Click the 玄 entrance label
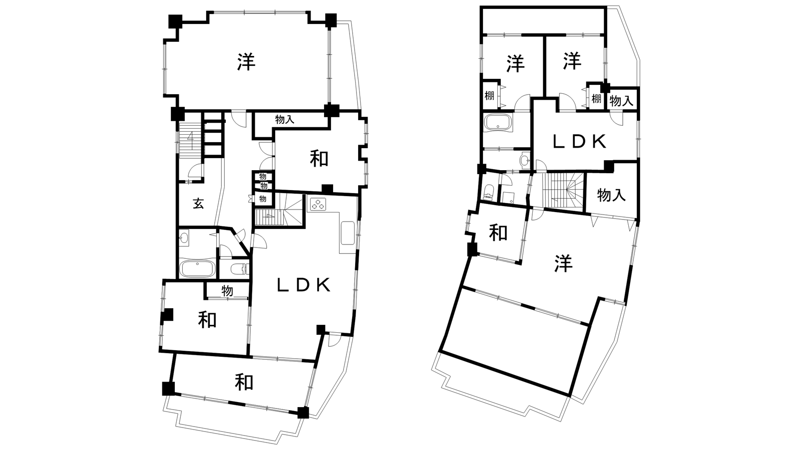(x=198, y=204)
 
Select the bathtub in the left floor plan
(x=197, y=269)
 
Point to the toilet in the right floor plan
(x=487, y=192)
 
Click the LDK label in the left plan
(x=304, y=285)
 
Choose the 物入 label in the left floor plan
(x=285, y=120)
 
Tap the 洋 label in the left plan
(x=246, y=62)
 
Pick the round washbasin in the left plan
(x=184, y=237)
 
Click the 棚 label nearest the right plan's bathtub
(x=489, y=96)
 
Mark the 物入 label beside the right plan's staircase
(x=611, y=195)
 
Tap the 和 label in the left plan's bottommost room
(x=244, y=382)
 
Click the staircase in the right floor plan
(x=563, y=190)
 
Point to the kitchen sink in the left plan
(x=348, y=233)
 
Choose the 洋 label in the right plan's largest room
(x=564, y=263)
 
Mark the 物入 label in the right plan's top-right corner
(x=621, y=101)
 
